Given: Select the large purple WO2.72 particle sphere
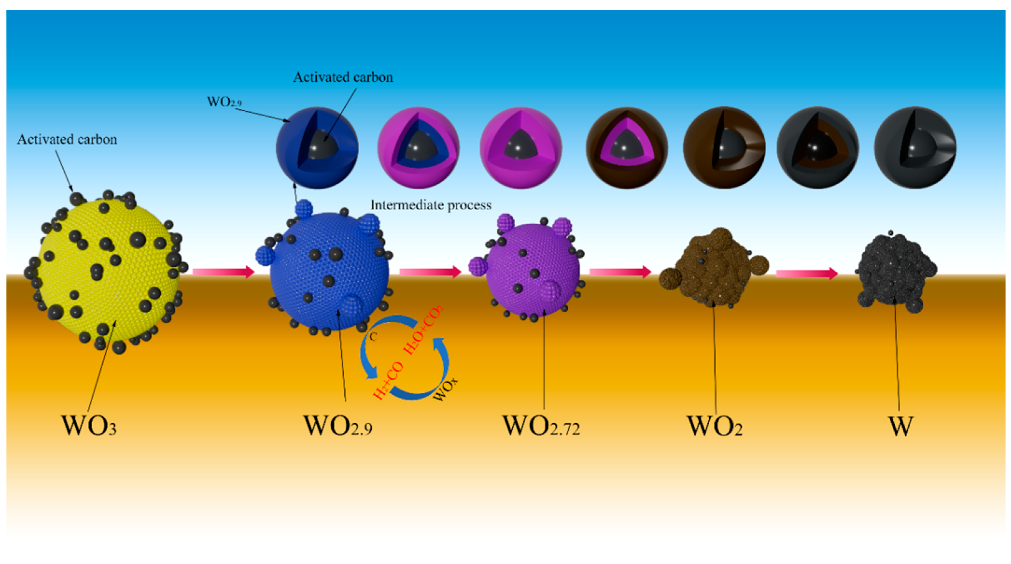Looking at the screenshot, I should (x=532, y=271).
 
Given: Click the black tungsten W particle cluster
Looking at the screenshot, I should (x=895, y=271).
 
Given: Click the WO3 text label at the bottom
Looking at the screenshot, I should (x=89, y=425).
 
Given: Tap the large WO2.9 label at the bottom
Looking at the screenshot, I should (x=338, y=425).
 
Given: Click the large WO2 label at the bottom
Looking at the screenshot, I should (x=714, y=425).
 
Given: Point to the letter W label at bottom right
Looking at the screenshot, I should (x=900, y=425).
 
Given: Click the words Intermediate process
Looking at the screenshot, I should (x=430, y=205).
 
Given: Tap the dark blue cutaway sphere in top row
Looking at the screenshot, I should (x=317, y=148).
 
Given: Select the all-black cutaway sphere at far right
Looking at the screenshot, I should (x=914, y=148).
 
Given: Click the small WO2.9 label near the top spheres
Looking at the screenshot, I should (x=224, y=102).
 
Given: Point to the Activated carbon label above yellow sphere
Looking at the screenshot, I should (x=67, y=139).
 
